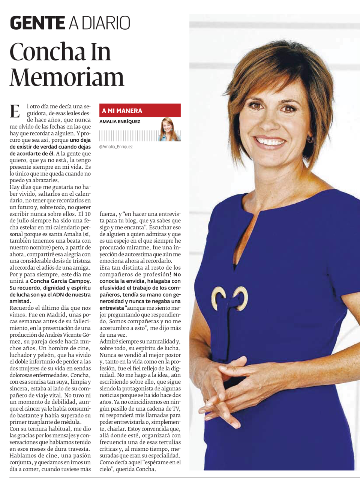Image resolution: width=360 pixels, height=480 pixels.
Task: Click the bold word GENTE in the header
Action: [37, 23]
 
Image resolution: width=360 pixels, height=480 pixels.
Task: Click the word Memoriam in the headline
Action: [67, 77]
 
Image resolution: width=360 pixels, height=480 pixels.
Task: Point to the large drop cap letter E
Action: [15, 111]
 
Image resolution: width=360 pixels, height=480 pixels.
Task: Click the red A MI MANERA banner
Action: [140, 111]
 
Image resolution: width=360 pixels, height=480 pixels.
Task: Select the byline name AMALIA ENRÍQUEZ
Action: [120, 121]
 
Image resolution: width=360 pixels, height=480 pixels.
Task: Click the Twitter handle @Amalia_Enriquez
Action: [116, 147]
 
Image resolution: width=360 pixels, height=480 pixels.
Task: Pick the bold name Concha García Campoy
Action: [60, 281]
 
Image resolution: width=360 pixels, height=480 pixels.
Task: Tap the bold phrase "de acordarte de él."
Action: [32, 153]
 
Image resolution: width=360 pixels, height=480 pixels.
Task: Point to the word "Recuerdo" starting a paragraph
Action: [22, 308]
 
